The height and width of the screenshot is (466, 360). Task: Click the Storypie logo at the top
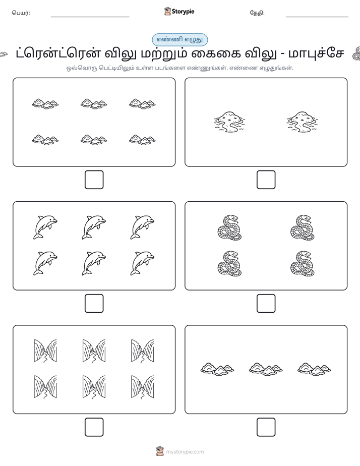179,12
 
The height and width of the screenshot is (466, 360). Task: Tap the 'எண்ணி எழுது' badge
179,39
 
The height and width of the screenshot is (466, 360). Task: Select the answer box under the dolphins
94,304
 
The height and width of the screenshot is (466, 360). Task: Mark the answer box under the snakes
266,304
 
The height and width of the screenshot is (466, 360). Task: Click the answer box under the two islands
266,180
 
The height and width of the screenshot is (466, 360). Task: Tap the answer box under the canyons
94,427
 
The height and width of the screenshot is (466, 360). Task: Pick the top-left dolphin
45,227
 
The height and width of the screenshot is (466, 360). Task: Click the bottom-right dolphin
142,263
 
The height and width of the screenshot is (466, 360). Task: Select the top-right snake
303,227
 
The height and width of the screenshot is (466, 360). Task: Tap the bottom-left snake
229,264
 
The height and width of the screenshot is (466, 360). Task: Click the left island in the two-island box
229,122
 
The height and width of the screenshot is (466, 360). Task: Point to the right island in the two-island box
302,122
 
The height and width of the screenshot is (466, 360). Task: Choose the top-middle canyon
94,351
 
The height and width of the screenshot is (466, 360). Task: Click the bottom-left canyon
45,387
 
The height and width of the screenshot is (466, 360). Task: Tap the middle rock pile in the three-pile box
266,369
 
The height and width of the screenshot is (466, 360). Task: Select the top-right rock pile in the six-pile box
142,104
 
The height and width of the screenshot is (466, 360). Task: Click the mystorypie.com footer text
185,452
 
